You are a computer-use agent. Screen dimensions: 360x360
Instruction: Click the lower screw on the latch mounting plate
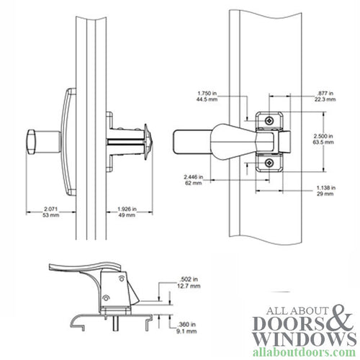click(268, 163)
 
